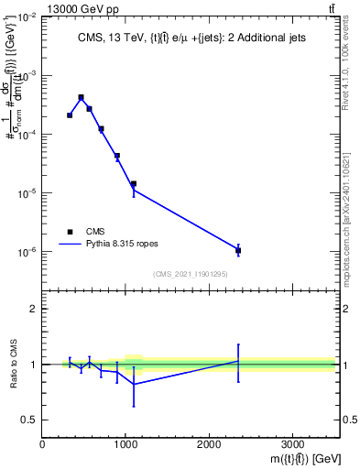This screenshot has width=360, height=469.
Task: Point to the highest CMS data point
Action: point(81,97)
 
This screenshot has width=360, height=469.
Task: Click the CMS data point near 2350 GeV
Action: point(238,250)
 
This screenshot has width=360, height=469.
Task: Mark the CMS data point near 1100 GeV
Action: point(134,184)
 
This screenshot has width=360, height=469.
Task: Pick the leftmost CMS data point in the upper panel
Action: point(70,115)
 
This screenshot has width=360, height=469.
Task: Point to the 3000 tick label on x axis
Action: point(292,444)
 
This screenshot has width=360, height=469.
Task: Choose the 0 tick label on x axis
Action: point(42,444)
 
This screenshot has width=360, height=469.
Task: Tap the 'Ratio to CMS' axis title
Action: point(13,364)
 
